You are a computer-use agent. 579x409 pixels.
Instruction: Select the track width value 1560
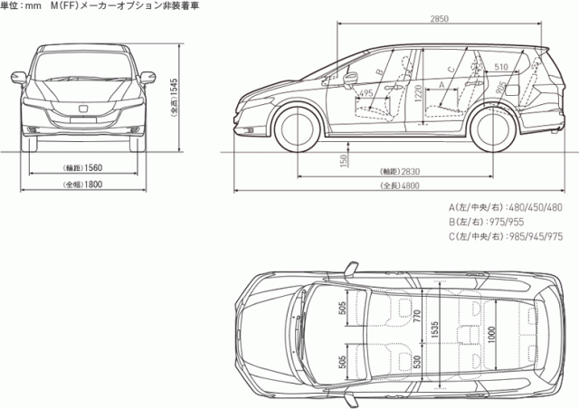tap(88, 168)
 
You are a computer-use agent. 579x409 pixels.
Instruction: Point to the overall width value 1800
tap(88, 185)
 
